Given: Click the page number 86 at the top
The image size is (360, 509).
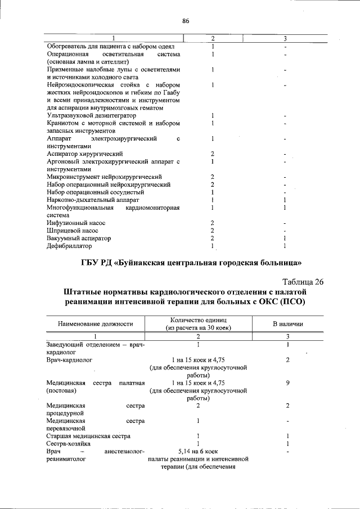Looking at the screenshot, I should point(186,21).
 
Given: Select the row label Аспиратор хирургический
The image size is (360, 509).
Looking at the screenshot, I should point(84,154).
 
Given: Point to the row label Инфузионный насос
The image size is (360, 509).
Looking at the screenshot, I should point(75,223).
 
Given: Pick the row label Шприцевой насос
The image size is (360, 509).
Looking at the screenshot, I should point(73,231).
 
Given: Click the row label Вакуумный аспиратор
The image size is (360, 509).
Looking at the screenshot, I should point(78,238).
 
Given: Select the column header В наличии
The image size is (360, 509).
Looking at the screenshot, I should point(287,324).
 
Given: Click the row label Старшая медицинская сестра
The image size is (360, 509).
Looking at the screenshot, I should point(88,436).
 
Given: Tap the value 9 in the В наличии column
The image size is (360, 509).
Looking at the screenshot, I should point(287,382).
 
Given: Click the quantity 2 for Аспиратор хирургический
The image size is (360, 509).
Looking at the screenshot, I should point(212,154).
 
